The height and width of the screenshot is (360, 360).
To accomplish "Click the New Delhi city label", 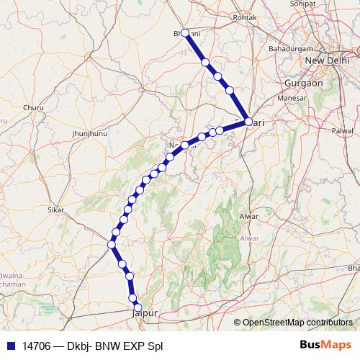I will (328, 60).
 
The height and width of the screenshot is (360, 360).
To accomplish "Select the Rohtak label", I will (245, 17).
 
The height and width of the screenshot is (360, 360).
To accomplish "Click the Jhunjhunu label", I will (90, 134).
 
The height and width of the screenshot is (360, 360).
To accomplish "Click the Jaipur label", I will (144, 313).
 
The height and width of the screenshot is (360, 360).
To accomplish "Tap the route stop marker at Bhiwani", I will (186, 33).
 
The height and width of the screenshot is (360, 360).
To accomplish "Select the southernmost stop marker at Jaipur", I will (138, 308).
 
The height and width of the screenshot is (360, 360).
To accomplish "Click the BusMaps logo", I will (325, 344).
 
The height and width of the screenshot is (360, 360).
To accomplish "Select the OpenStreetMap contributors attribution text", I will (297, 323).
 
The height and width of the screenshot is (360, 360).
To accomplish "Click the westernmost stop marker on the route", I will (111, 245).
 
